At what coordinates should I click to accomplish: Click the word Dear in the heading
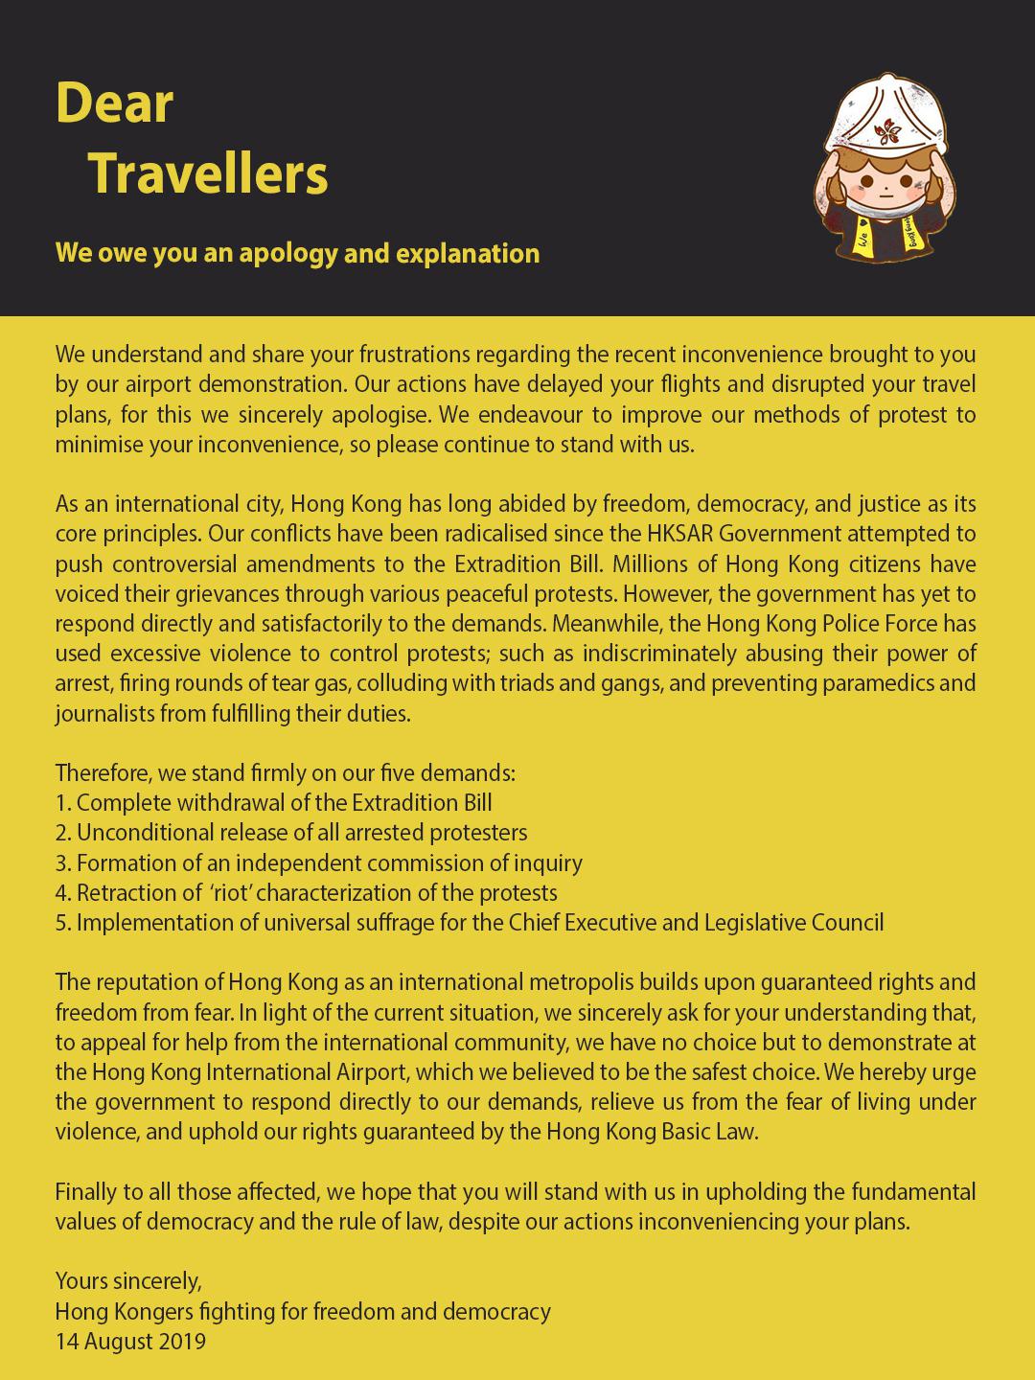114,103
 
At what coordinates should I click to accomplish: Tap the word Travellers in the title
208,173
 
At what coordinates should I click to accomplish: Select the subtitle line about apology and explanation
297,253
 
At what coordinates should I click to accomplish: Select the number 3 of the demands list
62,863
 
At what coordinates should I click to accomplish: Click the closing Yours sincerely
128,1281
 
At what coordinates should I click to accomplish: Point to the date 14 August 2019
130,1342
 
